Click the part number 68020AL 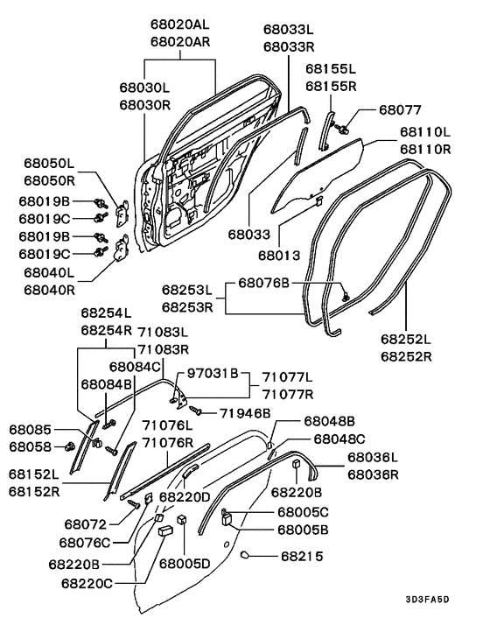coord(179,25)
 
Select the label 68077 coord(400,109)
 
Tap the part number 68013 coord(279,256)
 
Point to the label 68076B coord(264,283)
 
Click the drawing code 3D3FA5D coord(427,600)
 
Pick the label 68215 coord(302,556)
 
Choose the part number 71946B coord(245,413)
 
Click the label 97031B coord(213,373)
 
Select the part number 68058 coord(31,447)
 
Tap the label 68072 coord(86,524)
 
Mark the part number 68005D coord(185,564)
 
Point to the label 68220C coord(87,583)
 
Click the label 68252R coord(406,356)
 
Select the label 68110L coord(425,131)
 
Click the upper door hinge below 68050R coord(122,214)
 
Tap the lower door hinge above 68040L coord(122,248)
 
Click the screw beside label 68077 coord(341,128)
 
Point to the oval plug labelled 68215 coord(244,555)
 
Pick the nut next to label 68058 coord(71,447)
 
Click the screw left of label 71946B coord(196,411)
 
